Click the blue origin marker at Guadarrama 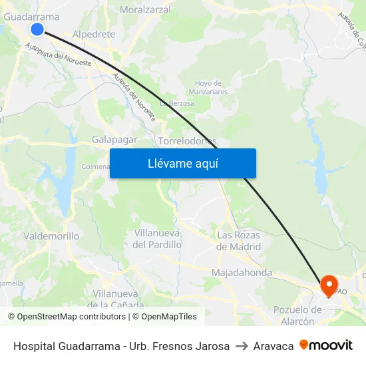pos(37,29)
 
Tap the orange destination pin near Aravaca pos(329,285)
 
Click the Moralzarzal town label pos(145,10)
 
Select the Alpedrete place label pos(94,34)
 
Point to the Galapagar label pos(114,139)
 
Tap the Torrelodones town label pos(187,141)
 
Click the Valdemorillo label pos(51,236)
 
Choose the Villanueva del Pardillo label pos(158,239)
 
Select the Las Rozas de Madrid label pos(239,240)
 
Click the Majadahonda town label pos(242,273)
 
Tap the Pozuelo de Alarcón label pos(293,315)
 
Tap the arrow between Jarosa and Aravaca pos(242,346)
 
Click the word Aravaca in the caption pos(274,346)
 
